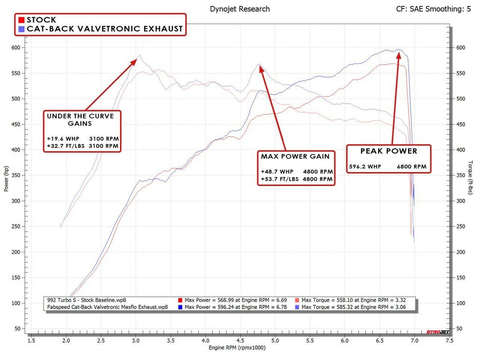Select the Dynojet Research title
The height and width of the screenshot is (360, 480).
(240, 9)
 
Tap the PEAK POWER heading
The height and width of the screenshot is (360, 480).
(388, 151)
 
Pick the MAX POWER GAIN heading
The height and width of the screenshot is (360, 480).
(295, 156)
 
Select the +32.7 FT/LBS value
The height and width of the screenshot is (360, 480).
(64, 146)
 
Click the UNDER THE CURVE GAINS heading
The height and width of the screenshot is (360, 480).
(80, 120)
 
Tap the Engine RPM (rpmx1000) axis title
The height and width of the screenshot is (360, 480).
(237, 348)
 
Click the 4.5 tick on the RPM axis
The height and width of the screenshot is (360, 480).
(240, 340)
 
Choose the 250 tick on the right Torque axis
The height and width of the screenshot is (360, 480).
(460, 226)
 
